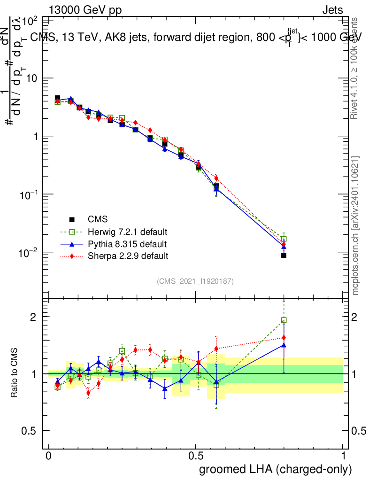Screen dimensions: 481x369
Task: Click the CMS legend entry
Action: point(98,219)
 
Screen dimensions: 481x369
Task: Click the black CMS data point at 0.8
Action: point(284,255)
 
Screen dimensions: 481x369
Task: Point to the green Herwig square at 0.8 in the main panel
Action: point(284,239)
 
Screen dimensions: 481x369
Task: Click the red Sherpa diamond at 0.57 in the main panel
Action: point(216,178)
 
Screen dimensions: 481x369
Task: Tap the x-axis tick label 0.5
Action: point(196,457)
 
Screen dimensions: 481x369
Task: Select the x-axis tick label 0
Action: point(49,457)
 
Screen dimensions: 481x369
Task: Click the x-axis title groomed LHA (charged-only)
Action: point(276,469)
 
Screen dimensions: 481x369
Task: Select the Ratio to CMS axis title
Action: point(15,373)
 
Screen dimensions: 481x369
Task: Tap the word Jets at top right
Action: point(332,10)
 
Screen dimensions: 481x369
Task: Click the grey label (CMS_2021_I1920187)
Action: point(195,281)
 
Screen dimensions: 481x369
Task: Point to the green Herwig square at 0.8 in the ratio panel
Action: point(284,320)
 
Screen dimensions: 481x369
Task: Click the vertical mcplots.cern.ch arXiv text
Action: point(355,225)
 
